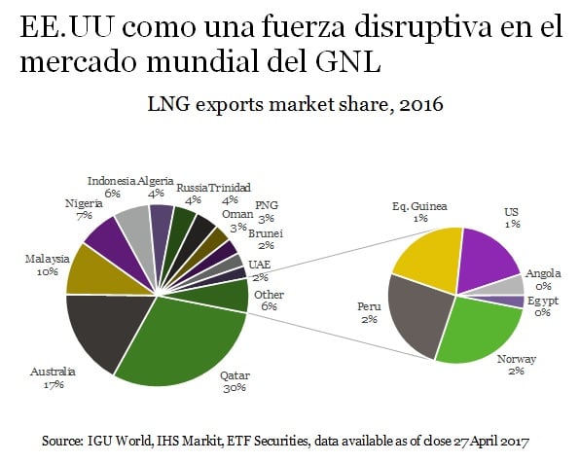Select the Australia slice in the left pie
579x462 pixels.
point(102,336)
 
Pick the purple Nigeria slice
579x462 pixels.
point(105,235)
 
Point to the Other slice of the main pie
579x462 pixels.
point(226,295)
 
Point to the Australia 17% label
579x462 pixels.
point(52,378)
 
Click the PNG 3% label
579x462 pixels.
point(266,212)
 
